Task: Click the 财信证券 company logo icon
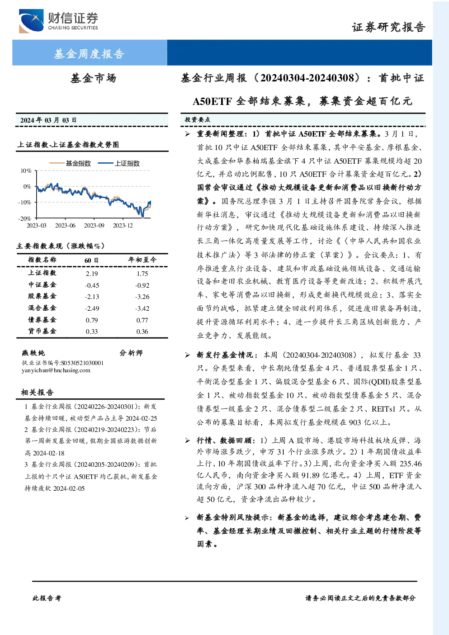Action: [31, 21]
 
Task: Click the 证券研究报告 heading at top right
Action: [388, 27]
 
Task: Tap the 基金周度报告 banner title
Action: [89, 54]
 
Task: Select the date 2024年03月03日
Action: [48, 120]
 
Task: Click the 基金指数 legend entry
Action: [70, 163]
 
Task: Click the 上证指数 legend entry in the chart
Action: [119, 163]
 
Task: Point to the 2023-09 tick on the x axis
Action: [94, 225]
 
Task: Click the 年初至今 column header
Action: [142, 260]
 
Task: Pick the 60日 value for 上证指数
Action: [92, 274]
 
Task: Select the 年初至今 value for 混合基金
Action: [142, 308]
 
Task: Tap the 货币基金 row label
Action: [42, 331]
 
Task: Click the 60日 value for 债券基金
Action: [92, 320]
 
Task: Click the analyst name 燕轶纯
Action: [33, 353]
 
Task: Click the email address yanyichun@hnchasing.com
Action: [56, 370]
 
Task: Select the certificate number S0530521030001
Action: [82, 363]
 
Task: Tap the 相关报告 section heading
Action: [37, 392]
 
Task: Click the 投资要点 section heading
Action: [198, 120]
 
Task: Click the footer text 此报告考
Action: [47, 598]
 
